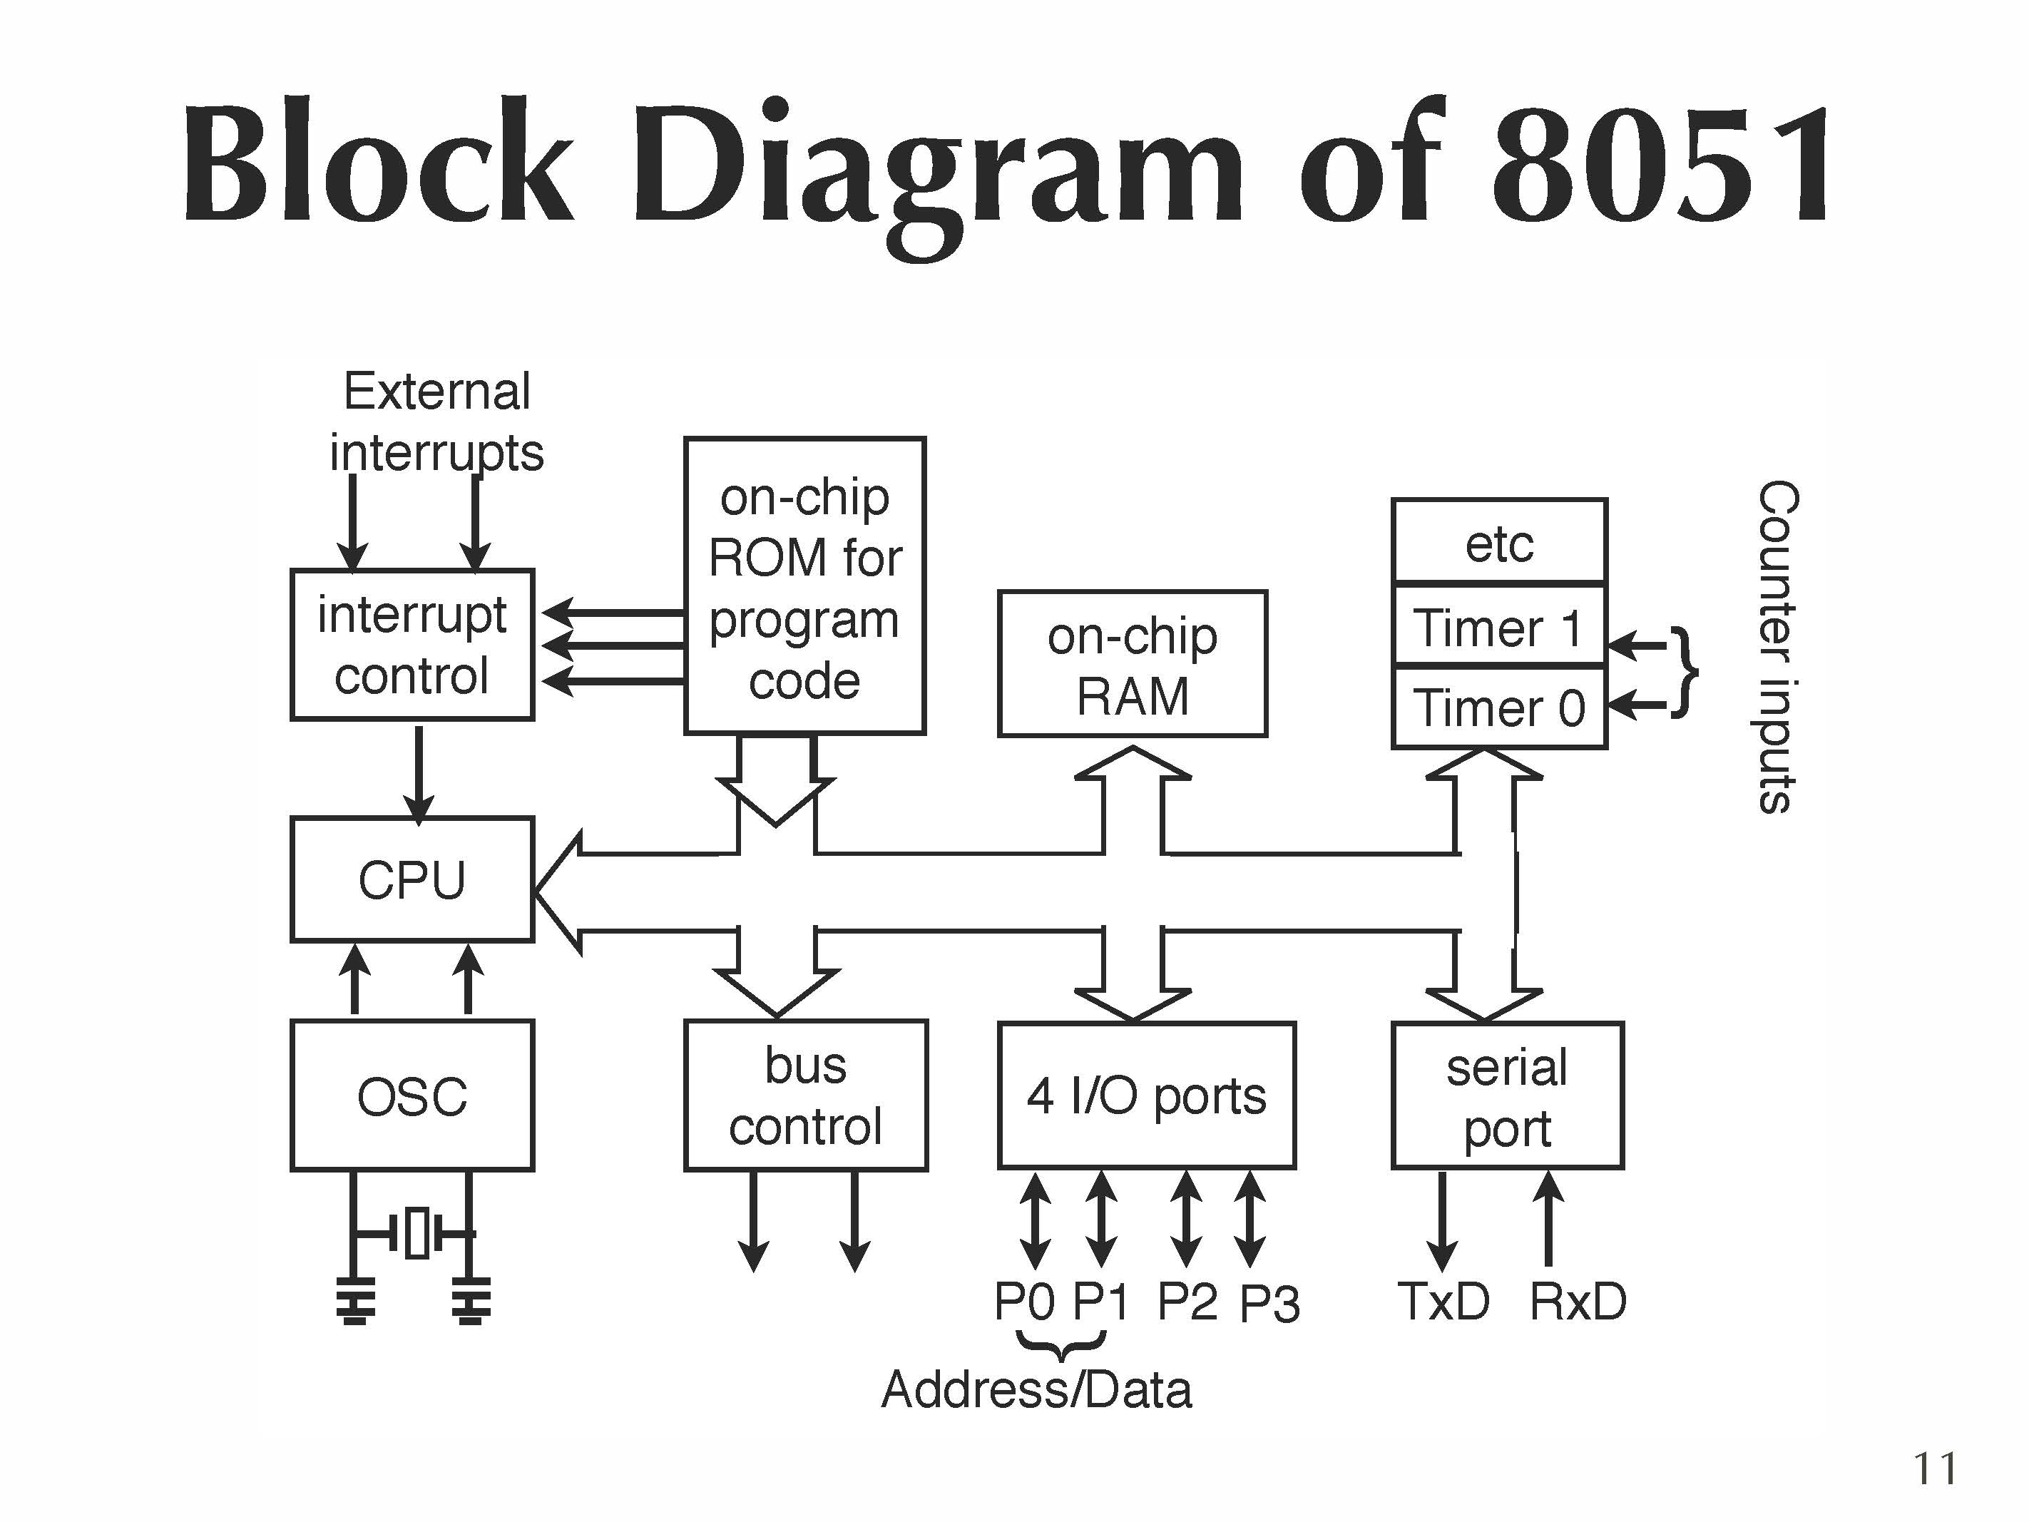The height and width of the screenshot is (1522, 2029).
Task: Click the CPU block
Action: coord(412,879)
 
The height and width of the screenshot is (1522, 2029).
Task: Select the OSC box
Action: coord(412,1095)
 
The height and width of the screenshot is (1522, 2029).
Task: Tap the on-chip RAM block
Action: coord(1132,664)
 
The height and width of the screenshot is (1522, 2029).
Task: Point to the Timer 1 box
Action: coord(1499,628)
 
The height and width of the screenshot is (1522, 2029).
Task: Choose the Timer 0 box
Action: coord(1499,708)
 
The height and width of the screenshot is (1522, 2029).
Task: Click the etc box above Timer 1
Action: coord(1499,543)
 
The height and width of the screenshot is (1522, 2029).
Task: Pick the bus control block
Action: coord(805,1095)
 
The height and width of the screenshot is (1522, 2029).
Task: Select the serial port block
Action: coord(1507,1095)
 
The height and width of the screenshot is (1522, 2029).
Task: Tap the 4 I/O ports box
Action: coord(1147,1095)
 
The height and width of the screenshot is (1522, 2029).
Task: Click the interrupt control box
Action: coord(412,645)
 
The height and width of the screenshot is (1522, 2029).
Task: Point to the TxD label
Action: coord(1443,1301)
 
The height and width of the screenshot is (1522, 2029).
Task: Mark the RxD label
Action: coord(1578,1301)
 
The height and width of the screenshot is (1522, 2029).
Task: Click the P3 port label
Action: coord(1269,1303)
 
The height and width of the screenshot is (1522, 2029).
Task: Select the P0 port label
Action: coord(1025,1301)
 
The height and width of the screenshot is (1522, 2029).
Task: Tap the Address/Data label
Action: coord(1036,1389)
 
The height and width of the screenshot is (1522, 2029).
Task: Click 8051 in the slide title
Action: coord(1660,165)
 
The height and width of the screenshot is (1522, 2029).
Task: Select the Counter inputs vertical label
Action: coord(1776,646)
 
